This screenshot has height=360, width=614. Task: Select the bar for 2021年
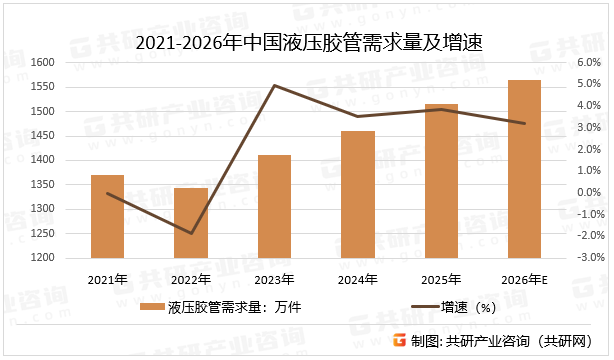pyautogui.click(x=107, y=216)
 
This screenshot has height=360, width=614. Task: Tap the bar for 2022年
pyautogui.click(x=190, y=223)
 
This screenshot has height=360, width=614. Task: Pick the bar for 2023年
pyautogui.click(x=274, y=206)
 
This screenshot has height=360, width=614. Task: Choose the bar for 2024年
pyautogui.click(x=358, y=194)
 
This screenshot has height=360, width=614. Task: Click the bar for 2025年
pyautogui.click(x=441, y=180)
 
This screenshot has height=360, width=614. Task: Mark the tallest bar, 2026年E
pyautogui.click(x=524, y=168)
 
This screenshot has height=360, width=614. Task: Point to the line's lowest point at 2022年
pyautogui.click(x=190, y=234)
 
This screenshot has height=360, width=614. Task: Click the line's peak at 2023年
pyautogui.click(x=274, y=86)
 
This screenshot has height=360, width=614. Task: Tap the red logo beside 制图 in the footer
pyautogui.click(x=399, y=339)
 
